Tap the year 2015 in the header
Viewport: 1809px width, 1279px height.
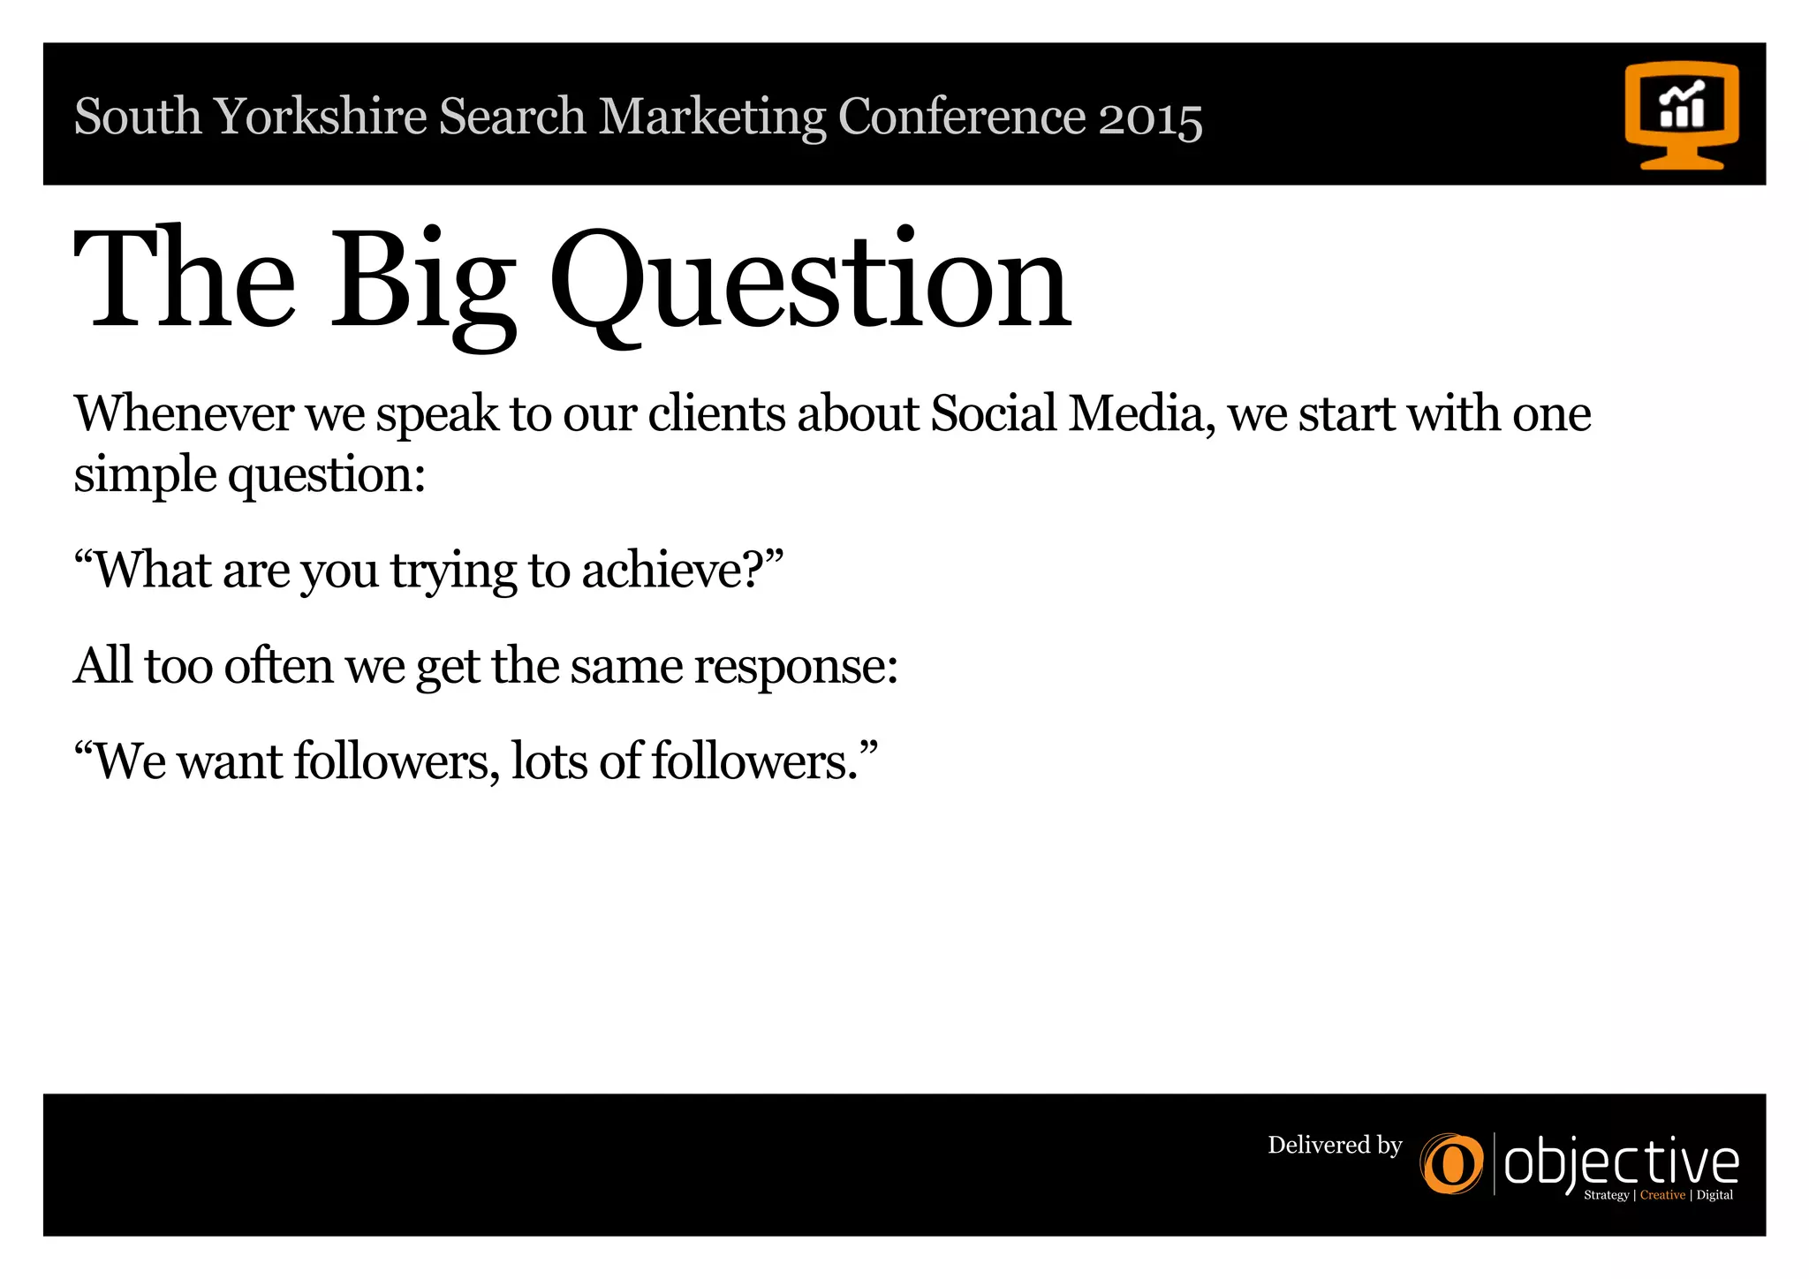pos(1150,117)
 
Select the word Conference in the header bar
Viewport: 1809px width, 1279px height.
pos(962,117)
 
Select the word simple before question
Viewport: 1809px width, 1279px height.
pos(145,476)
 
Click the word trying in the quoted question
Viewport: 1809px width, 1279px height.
pos(453,571)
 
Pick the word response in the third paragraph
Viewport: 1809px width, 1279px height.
pos(795,667)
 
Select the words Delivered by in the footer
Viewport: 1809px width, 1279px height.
pos(1335,1146)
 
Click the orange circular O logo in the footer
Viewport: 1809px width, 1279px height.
pos(1451,1164)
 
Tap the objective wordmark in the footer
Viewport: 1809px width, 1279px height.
pos(1621,1163)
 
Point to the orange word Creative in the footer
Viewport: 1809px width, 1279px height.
pos(1662,1195)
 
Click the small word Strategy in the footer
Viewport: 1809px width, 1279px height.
pos(1606,1195)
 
